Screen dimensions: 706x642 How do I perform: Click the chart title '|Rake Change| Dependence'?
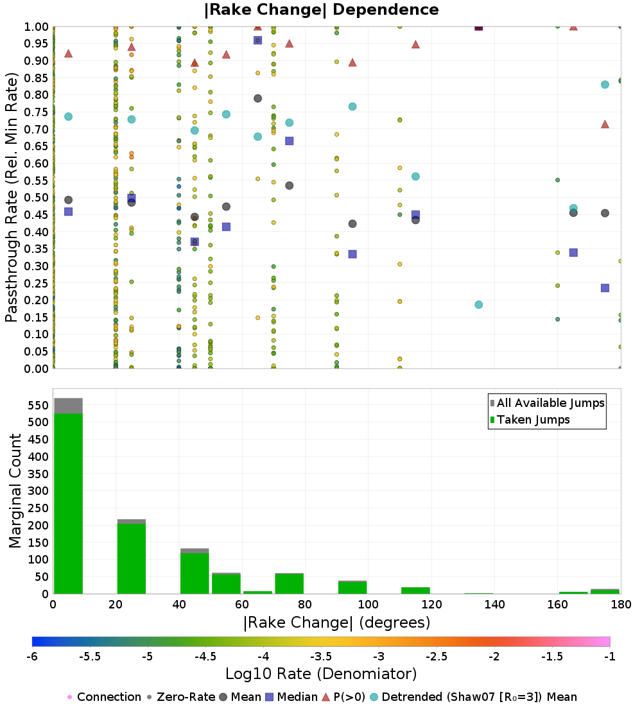pyautogui.click(x=321, y=10)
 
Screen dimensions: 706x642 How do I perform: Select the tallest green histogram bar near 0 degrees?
pyautogui.click(x=68, y=504)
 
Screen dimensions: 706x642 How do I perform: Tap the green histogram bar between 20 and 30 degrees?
pyautogui.click(x=131, y=558)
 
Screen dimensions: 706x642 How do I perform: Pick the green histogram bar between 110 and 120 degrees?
pyautogui.click(x=415, y=590)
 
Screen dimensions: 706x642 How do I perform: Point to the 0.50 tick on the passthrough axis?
pyautogui.click(x=37, y=197)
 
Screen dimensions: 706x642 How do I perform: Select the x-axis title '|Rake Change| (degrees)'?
pyautogui.click(x=336, y=623)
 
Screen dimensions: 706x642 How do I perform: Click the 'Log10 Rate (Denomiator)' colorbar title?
pyautogui.click(x=321, y=674)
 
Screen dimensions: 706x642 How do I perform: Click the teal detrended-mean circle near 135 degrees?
pyautogui.click(x=478, y=305)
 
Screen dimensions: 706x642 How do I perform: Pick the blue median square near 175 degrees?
pyautogui.click(x=605, y=288)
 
